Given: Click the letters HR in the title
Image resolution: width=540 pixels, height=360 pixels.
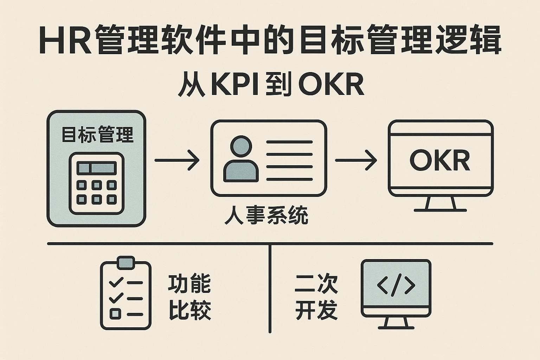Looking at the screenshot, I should (65, 40).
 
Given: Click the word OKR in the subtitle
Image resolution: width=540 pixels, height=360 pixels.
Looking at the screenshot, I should (330, 85).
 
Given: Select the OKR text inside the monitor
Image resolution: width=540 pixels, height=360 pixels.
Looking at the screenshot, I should (440, 161).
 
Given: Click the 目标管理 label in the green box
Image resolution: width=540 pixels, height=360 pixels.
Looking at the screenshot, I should (97, 135).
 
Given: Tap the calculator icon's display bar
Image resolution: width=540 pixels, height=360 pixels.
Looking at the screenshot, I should (97, 168).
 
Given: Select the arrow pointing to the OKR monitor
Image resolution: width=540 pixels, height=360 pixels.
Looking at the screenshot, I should (356, 160).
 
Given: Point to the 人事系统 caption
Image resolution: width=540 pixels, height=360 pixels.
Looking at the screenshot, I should (266, 216).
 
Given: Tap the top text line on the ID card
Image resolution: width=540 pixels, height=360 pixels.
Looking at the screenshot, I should (289, 142).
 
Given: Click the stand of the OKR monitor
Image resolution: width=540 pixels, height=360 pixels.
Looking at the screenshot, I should (440, 204).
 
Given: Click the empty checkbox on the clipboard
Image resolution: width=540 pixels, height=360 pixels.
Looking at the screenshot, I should (115, 313).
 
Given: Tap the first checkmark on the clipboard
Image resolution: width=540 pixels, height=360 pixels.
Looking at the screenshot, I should (116, 282).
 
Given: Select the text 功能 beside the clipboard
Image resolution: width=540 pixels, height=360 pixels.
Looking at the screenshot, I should (189, 284).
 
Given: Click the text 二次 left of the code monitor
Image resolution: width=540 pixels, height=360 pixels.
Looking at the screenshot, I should (316, 284).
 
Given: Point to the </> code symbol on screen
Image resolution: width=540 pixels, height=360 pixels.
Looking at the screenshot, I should (396, 285).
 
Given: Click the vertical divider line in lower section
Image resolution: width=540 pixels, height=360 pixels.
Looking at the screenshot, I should (270, 288).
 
